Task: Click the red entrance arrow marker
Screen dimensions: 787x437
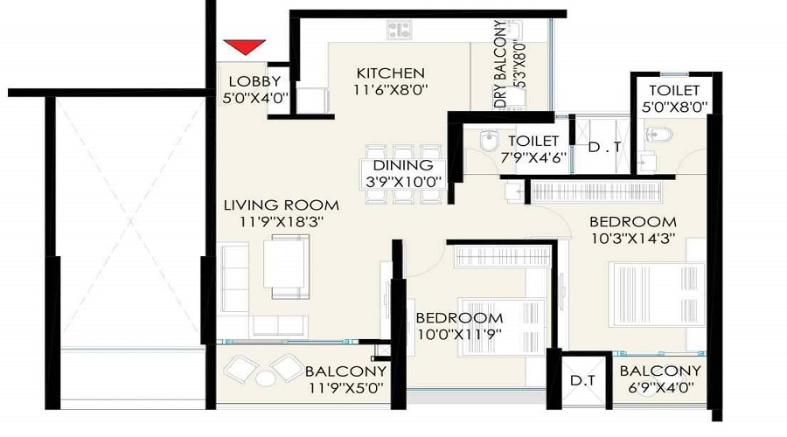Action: [245, 47]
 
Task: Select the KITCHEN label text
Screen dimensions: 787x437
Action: [391, 73]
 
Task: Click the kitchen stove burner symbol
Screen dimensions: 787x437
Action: [399, 30]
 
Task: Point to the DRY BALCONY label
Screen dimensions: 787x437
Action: [500, 64]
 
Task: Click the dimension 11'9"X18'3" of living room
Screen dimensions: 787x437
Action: [281, 222]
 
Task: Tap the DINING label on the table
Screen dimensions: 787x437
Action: [403, 165]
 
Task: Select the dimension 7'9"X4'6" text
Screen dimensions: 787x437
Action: [533, 157]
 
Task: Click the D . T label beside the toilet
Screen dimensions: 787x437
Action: [604, 147]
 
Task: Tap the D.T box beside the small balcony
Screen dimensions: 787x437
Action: [582, 381]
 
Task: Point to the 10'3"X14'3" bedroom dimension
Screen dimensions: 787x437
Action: [633, 238]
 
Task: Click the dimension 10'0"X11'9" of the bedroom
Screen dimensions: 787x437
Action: [459, 334]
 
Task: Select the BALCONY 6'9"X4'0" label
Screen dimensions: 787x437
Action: [660, 378]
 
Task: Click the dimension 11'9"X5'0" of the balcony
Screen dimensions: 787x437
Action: [345, 388]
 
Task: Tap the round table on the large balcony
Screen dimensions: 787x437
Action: [266, 378]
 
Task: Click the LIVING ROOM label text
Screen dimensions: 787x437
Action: [281, 205]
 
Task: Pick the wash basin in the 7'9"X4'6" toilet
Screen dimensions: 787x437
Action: [488, 141]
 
